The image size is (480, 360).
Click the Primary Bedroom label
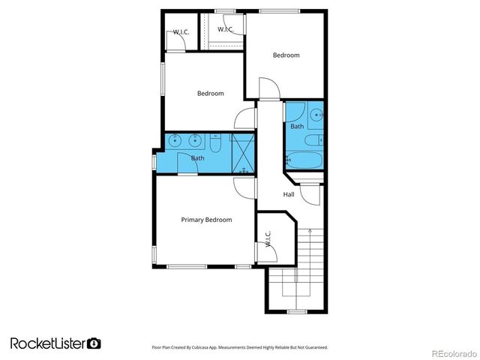coord(206,220)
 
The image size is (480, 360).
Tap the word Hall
coord(289,194)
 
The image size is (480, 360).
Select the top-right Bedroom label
coord(286,55)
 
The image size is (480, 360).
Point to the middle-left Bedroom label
coord(211,94)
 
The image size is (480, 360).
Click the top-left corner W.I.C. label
coord(181,31)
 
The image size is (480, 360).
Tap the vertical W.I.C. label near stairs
coord(268,238)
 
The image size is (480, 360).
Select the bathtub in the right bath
coord(303,160)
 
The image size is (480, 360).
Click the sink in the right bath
coord(317,115)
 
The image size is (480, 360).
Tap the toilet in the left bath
coord(214,142)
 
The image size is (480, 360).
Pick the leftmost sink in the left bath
coord(175,140)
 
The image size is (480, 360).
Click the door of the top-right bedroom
coord(268,90)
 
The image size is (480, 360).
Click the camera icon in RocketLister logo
coord(94,343)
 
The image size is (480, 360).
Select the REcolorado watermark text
coord(448,352)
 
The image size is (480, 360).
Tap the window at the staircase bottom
coord(297,311)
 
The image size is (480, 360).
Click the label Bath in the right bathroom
coord(298,127)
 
